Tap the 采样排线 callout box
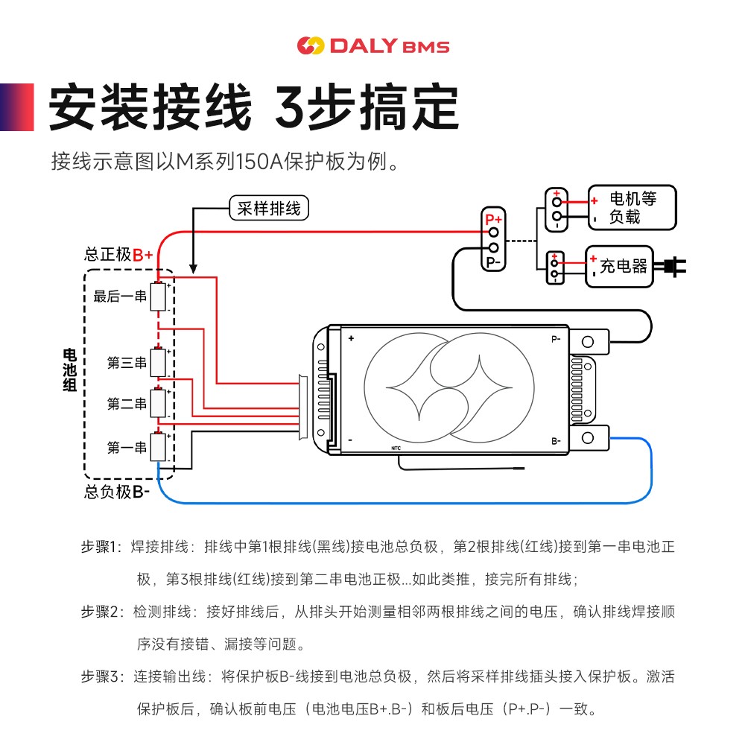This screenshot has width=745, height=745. tap(268, 209)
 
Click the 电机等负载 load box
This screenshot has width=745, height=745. tap(632, 208)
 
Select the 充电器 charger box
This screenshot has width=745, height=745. tap(619, 267)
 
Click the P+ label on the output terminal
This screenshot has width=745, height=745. tap(493, 220)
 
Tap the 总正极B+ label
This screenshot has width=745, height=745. tap(118, 255)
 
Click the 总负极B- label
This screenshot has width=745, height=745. tap(117, 492)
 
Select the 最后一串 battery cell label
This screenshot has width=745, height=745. tap(120, 297)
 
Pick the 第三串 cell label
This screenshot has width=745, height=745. tap(127, 363)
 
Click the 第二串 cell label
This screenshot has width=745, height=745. tap(127, 404)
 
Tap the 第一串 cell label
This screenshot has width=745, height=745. tap(127, 448)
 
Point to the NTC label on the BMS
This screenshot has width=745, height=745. tap(396, 448)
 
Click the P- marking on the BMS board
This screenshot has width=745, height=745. tap(556, 339)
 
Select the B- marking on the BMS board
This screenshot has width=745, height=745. tap(556, 441)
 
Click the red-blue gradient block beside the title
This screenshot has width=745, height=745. tap(16, 107)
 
